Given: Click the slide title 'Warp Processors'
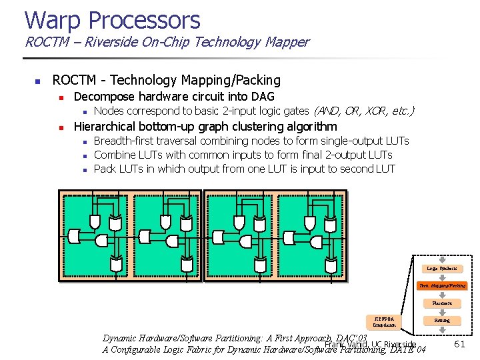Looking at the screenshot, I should pyautogui.click(x=112, y=20).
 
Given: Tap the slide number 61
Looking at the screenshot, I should pyautogui.click(x=459, y=344).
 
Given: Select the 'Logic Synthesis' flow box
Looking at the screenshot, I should pyautogui.click(x=442, y=269).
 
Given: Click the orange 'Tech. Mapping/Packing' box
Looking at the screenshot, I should pyautogui.click(x=442, y=285).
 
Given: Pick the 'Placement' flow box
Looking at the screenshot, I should pyautogui.click(x=442, y=303).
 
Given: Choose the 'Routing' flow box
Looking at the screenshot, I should pyautogui.click(x=442, y=321).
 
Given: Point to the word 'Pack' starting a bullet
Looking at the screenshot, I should pyautogui.click(x=105, y=169).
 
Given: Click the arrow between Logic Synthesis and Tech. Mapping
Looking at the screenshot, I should pyautogui.click(x=442, y=277).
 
